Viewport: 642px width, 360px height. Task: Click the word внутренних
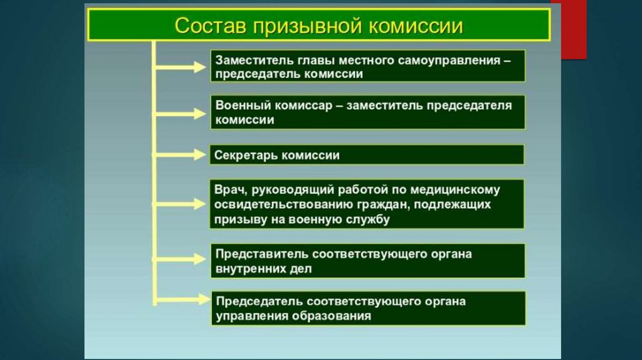click(251, 269)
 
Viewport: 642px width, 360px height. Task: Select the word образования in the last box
click(332, 316)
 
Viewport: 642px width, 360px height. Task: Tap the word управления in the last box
click(251, 316)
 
